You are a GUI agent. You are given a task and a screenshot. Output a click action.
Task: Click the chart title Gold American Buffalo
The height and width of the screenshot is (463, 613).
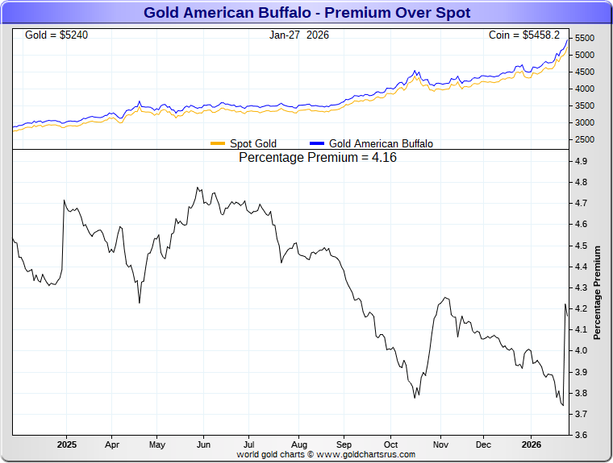coord(306,13)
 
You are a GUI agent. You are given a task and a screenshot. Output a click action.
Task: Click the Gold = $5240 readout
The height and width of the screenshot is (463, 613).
coord(56,35)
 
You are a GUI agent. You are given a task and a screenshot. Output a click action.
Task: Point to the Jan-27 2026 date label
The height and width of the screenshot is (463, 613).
coord(299,35)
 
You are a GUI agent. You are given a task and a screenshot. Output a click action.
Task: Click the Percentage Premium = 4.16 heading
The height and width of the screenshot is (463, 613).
coord(318,158)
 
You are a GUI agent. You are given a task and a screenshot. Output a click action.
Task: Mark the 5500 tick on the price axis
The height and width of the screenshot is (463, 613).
coord(586,39)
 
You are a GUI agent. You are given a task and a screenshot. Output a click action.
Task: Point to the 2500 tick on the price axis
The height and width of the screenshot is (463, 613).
coord(586,140)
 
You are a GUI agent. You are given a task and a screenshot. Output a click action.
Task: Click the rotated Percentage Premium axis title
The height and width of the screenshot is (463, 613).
coord(598,292)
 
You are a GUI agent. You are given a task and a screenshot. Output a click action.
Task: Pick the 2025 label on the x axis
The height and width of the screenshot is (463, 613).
coord(66,444)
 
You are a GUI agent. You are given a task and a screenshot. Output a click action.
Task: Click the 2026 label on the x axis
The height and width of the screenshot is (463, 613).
coord(531,444)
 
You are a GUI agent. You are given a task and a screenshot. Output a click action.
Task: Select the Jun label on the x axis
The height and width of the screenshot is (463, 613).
coord(204,444)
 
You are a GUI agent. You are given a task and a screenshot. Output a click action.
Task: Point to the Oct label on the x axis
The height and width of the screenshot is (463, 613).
coord(391,444)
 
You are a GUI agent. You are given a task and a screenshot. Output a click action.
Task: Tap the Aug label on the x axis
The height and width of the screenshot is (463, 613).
coord(299,444)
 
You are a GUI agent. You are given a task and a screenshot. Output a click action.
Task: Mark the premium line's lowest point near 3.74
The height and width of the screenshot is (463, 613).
coord(562,406)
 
